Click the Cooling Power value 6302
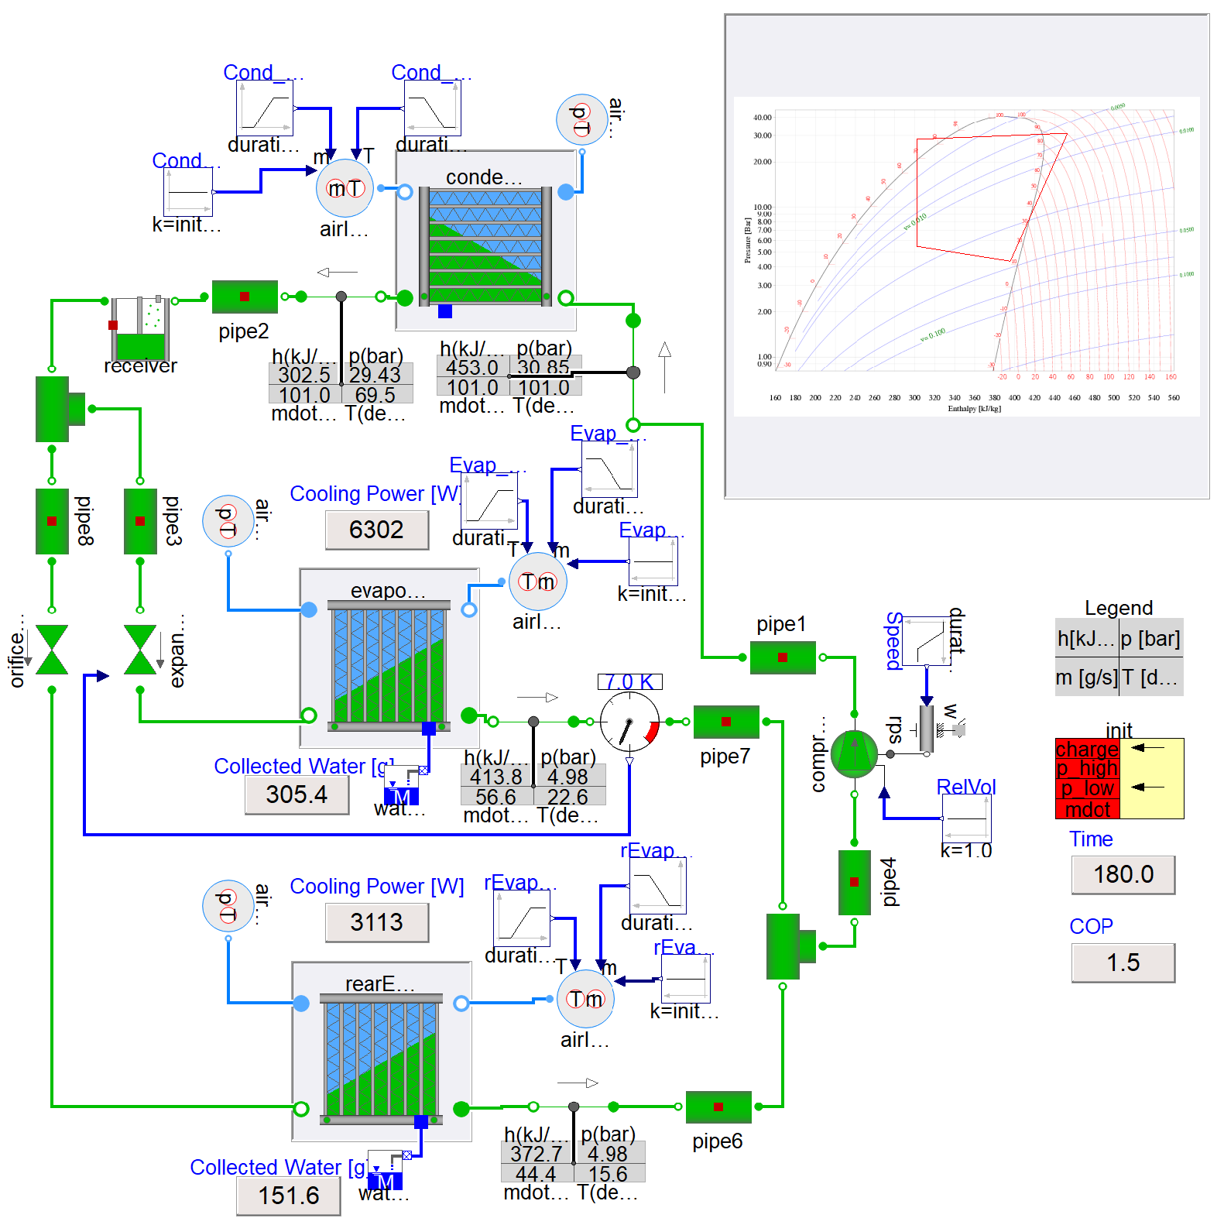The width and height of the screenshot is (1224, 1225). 376,530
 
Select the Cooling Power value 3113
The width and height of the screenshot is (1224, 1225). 376,922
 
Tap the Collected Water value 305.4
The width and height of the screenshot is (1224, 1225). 297,794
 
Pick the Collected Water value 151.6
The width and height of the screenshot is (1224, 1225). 288,1196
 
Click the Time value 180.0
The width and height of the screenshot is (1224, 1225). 1123,874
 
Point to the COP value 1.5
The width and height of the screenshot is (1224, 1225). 1123,962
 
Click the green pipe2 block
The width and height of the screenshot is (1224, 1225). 245,297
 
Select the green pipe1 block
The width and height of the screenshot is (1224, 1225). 782,657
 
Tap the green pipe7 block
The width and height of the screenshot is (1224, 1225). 725,722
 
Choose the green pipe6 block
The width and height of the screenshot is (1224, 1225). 718,1107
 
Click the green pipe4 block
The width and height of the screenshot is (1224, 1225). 854,882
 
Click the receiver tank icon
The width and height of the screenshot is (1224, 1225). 140,328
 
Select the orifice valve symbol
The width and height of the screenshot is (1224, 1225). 52,650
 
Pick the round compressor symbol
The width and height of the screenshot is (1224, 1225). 854,753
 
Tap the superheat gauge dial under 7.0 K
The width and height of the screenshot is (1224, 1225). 629,722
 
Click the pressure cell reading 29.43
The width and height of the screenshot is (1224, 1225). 375,375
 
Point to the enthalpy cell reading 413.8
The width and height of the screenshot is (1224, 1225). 495,777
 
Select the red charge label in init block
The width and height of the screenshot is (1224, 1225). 1086,749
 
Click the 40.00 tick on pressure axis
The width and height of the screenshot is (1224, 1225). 762,118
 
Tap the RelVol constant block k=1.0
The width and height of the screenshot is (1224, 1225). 965,818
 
